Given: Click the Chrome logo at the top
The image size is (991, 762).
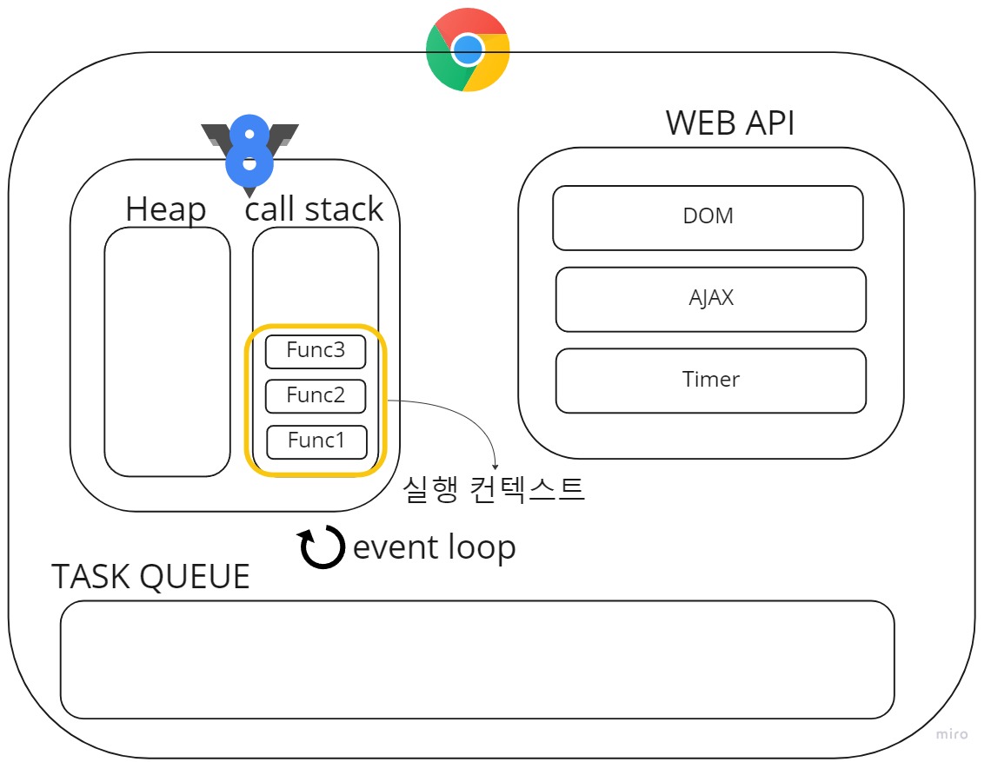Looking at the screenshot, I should [468, 50].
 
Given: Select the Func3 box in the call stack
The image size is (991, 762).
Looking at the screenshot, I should [316, 351].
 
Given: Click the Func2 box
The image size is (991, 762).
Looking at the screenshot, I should [316, 396].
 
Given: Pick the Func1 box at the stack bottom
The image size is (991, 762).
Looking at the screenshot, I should [316, 441].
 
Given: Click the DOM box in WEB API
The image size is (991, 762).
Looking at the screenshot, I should [708, 217].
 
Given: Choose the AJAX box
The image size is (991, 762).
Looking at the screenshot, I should [710, 299].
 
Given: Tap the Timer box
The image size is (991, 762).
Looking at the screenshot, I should [710, 381].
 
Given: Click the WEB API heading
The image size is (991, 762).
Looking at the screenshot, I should [730, 123].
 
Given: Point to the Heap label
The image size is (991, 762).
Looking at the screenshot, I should [165, 209].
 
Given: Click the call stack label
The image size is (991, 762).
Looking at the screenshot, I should [314, 209].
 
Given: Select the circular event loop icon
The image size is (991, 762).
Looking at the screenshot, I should [322, 548].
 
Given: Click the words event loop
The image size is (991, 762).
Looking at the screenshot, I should [434, 547].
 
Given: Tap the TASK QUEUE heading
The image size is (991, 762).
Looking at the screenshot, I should [150, 577].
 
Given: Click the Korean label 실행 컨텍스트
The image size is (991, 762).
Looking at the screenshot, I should [494, 490].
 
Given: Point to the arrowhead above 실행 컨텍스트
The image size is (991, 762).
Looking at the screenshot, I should [495, 467].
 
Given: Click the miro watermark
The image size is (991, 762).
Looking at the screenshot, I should [952, 735].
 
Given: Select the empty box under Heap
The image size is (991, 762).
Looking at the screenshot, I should [167, 352].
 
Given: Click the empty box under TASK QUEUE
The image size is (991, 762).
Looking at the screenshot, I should [476, 659].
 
